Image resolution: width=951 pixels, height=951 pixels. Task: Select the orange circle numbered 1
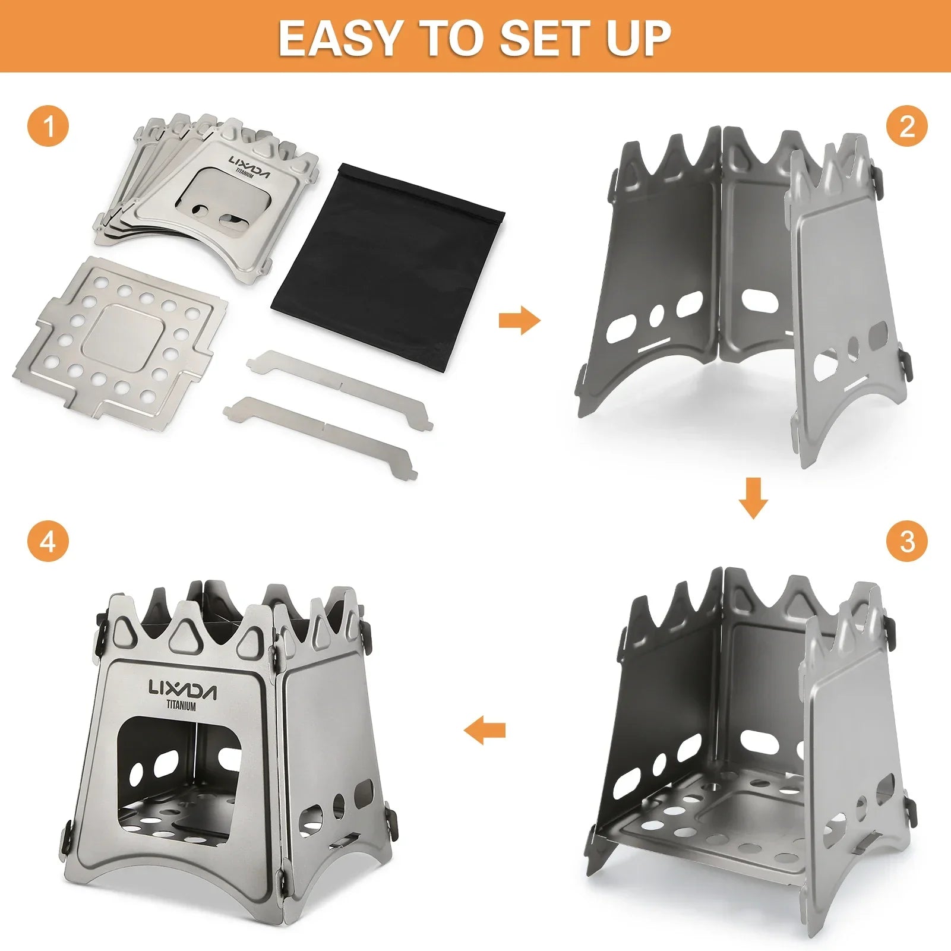48,127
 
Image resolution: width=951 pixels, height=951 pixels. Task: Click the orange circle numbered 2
906,127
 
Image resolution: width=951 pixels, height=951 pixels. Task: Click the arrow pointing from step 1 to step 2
519,321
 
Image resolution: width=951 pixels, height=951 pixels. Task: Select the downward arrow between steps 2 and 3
753,497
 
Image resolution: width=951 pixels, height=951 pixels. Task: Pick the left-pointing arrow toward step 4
485,730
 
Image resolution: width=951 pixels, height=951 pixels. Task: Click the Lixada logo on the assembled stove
182,690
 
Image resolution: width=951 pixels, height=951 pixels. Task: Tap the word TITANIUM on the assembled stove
181,707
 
